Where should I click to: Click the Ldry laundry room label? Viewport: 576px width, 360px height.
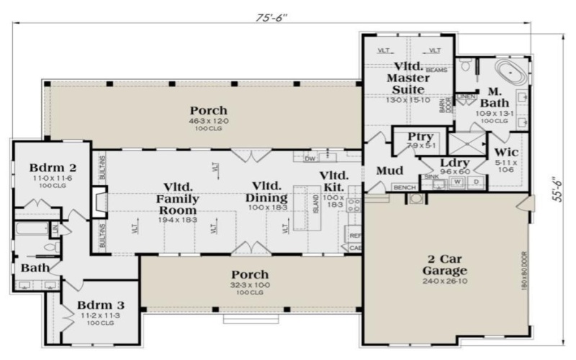tap(454, 163)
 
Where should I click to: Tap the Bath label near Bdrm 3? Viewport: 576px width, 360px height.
tap(35, 268)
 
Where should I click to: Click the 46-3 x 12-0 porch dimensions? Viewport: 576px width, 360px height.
tap(209, 121)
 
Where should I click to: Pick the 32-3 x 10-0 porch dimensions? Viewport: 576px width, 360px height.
tap(250, 285)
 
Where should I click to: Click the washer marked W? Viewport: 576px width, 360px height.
tap(456, 182)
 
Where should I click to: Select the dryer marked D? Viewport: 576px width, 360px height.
tap(476, 182)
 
